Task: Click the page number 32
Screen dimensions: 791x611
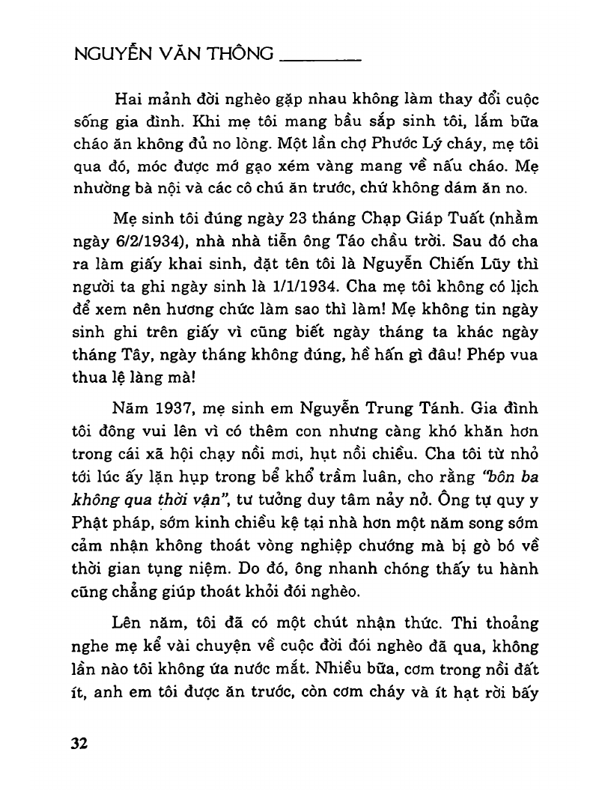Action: pyautogui.click(x=79, y=743)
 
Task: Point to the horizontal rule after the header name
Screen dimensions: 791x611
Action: pyautogui.click(x=320, y=59)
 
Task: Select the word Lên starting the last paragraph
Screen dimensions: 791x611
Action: pyautogui.click(x=128, y=622)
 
